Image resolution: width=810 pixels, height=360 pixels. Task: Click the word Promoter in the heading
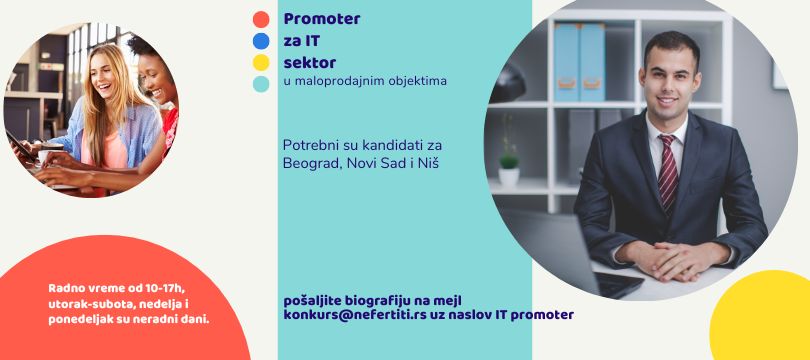click(322, 19)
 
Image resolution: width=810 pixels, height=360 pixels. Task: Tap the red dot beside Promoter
click(261, 19)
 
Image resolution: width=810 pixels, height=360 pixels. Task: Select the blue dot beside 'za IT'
click(261, 41)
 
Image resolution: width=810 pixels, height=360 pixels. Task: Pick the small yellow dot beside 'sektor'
click(261, 62)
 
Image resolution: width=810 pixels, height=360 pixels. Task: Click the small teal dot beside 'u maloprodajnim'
click(261, 84)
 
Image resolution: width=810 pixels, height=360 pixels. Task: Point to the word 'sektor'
click(310, 63)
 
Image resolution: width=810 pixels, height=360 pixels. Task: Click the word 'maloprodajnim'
click(341, 82)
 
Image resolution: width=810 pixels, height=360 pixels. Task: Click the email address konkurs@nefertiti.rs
click(355, 315)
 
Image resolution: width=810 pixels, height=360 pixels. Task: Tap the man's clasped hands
click(673, 260)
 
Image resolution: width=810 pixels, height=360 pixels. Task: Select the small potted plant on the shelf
click(509, 166)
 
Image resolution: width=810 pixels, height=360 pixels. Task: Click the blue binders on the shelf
click(579, 62)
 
